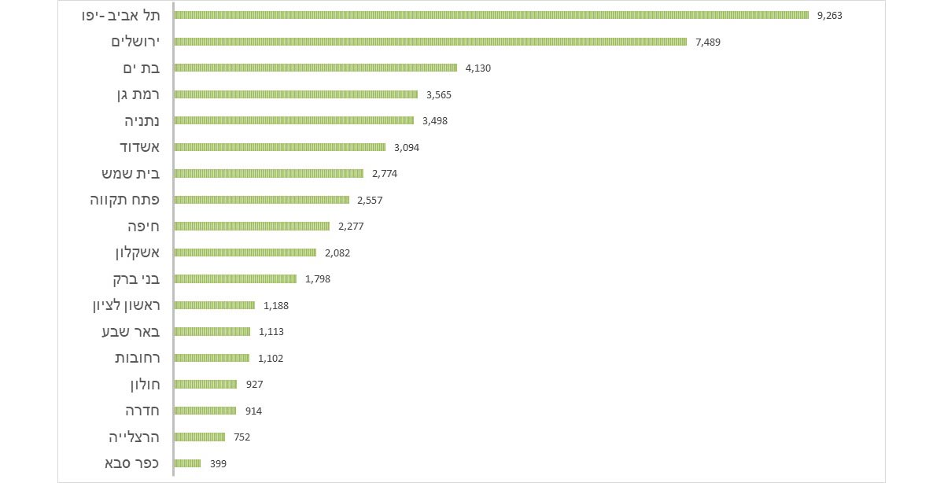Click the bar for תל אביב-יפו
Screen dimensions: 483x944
tap(491, 15)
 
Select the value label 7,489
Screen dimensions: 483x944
tap(708, 42)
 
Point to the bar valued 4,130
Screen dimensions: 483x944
tap(315, 68)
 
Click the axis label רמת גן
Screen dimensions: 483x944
tap(137, 94)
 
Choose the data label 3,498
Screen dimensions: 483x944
tap(435, 120)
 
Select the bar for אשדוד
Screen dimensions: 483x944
tap(279, 147)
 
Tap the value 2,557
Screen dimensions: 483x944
tap(370, 200)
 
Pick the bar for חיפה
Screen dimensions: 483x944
tap(251, 226)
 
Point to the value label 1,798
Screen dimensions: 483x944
tap(318, 278)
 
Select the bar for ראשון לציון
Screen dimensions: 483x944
tap(214, 305)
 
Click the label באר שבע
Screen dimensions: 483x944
tap(130, 331)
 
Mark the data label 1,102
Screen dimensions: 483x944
tap(271, 358)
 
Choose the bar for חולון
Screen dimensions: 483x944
tap(205, 384)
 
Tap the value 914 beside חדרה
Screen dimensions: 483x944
tap(253, 411)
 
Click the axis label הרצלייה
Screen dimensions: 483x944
tap(134, 437)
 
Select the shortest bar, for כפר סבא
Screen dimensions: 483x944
tap(187, 463)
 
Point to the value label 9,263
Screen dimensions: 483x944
tap(830, 15)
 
